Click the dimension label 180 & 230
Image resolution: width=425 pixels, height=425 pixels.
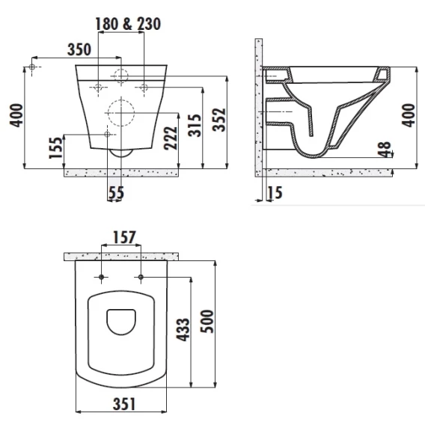coord(128,24)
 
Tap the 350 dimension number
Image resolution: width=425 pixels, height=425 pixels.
coord(79,49)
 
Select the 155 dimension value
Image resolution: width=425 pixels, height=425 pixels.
coord(55,147)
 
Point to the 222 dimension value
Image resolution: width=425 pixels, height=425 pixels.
coord(171,138)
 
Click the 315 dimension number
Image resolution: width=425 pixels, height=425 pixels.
coord(195,126)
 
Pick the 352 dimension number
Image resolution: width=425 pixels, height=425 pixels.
coord(219,120)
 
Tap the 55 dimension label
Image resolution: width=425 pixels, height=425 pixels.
coord(116,193)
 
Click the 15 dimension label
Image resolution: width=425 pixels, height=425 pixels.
coord(275,193)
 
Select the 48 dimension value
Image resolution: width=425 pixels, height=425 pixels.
coord(385,150)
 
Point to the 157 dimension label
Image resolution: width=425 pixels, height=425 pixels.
coord(124,237)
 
